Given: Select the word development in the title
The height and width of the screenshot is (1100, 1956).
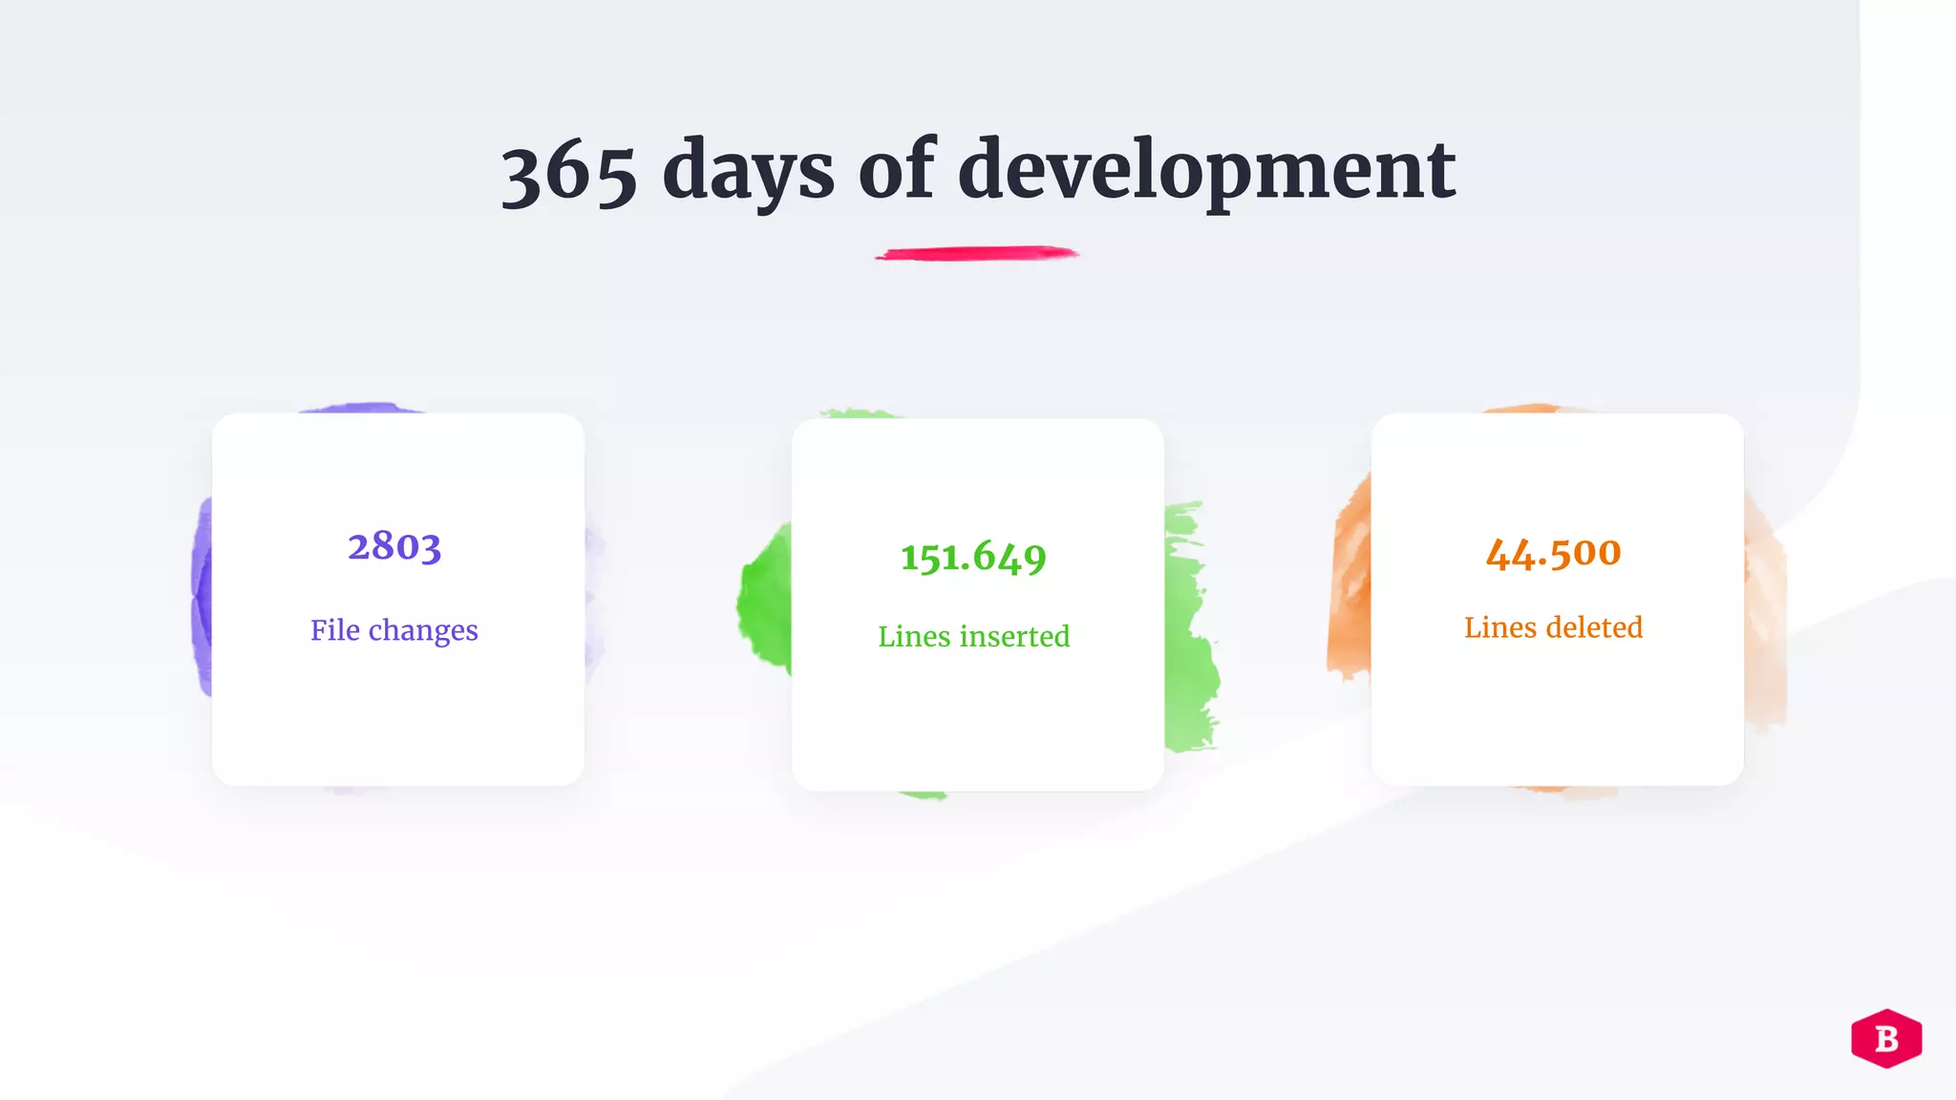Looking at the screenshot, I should point(1206,172).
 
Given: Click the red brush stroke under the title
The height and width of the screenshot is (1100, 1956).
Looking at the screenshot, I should point(977,253).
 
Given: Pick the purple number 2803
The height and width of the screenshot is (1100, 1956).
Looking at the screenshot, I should point(394,546).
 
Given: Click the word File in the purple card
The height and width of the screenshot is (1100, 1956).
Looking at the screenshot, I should point(335,630).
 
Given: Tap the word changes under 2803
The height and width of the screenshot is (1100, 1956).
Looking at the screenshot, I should point(423,631).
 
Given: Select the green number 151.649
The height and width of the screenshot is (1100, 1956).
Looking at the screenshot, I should point(973,557).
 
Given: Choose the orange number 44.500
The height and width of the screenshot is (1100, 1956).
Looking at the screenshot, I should point(1553,552).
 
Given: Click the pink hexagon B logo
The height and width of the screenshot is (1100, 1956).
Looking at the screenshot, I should point(1886,1038).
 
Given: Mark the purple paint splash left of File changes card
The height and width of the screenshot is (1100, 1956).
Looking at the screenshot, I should point(202,597).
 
